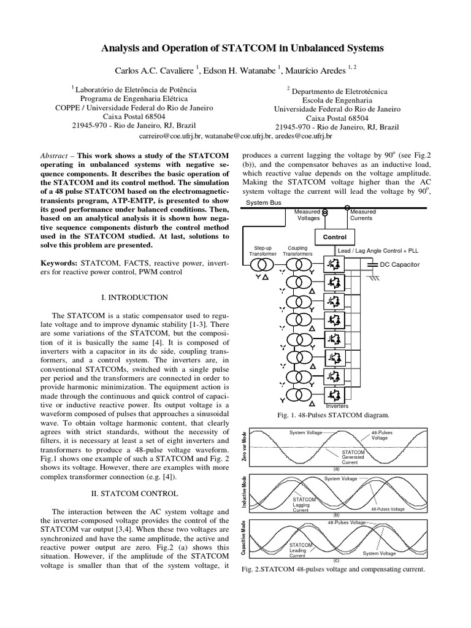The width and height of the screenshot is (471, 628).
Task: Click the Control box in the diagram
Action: pos(334,237)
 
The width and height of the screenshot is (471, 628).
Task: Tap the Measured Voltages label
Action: pos(307,215)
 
